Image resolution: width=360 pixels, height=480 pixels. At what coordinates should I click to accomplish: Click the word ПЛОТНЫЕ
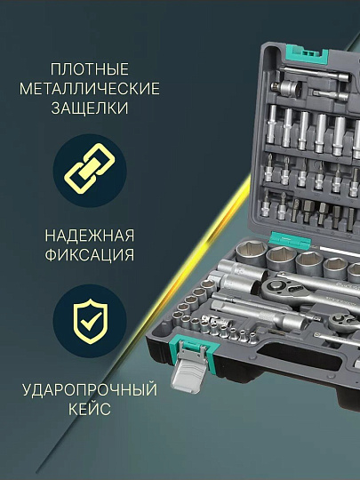tap(90, 68)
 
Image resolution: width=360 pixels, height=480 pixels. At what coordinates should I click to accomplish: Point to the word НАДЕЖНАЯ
tap(90, 236)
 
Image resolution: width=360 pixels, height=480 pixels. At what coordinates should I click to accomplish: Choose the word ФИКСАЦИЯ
tap(90, 255)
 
